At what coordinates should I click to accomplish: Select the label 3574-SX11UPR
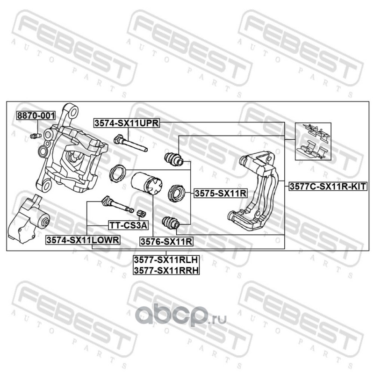[x=127, y=123]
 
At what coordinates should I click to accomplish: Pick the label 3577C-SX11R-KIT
[x=327, y=186]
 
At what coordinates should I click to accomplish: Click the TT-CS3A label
[x=128, y=225]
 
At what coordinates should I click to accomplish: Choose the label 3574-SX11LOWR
[x=83, y=240]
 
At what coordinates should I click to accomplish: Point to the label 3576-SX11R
[x=166, y=241]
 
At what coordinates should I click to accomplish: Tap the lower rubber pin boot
[x=170, y=223]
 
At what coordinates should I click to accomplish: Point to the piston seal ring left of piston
[x=116, y=173]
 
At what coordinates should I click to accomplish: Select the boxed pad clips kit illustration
[x=313, y=142]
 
